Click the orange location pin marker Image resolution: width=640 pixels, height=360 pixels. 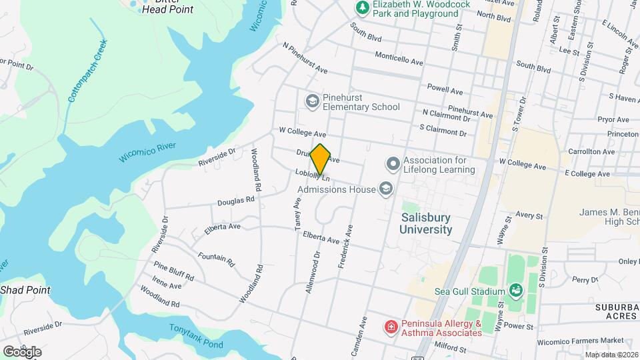[x=321, y=159]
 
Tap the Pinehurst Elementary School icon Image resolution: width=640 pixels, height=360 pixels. [x=311, y=101]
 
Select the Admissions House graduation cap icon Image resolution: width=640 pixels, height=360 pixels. [x=385, y=189]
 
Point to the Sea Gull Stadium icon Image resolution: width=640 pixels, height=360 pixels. [x=515, y=291]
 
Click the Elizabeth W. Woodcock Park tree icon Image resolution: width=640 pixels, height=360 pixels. [x=362, y=7]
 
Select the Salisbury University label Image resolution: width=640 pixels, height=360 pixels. [x=426, y=223]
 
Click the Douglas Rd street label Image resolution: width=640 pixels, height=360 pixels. [x=236, y=199]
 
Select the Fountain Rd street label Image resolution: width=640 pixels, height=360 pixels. [x=217, y=259]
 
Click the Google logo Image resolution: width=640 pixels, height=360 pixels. [x=22, y=351]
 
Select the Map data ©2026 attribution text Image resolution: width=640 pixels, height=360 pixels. [x=611, y=355]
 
